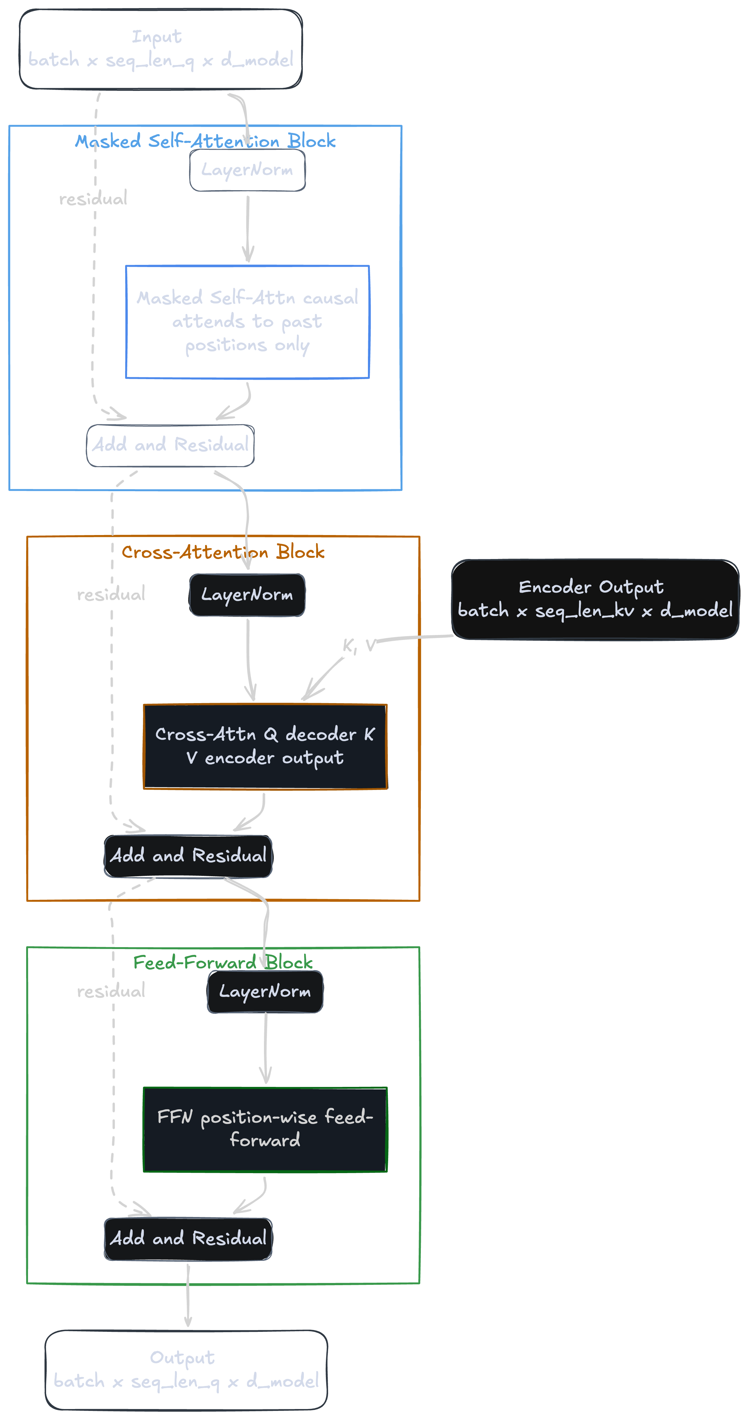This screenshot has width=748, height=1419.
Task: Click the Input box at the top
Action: (x=160, y=49)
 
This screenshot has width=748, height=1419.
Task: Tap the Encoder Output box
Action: (x=595, y=599)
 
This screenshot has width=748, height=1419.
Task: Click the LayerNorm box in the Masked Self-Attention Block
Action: (x=247, y=170)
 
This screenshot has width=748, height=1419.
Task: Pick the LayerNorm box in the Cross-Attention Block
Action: (x=247, y=595)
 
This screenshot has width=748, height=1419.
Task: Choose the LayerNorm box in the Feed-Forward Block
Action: (x=265, y=992)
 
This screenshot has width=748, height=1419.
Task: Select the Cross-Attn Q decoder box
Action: (x=265, y=746)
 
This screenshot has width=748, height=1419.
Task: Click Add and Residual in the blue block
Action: (x=170, y=445)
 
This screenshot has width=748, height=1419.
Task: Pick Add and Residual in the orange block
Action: (x=188, y=856)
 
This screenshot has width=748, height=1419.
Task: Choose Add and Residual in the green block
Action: (x=188, y=1239)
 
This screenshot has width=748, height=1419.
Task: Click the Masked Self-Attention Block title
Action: (x=205, y=142)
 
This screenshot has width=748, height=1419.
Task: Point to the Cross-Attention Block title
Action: (x=223, y=552)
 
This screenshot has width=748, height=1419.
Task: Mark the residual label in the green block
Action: (x=111, y=992)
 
